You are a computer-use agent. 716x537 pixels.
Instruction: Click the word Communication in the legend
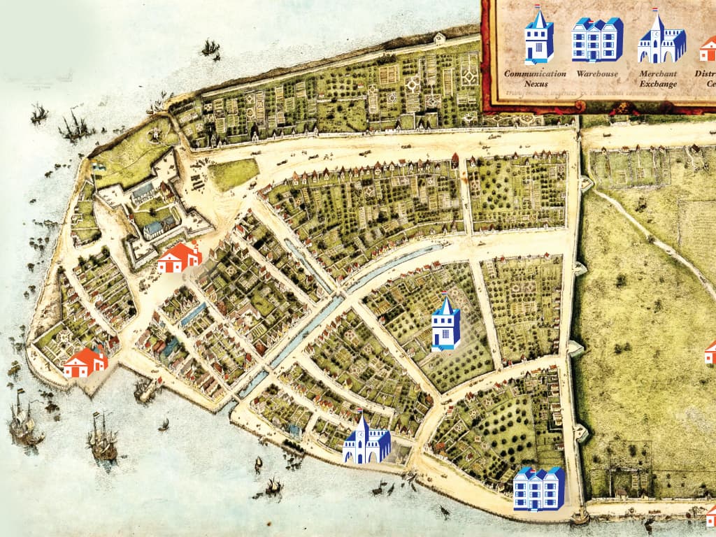535,73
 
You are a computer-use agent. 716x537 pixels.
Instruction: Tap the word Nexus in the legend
535,84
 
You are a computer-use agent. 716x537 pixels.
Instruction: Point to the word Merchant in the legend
659,73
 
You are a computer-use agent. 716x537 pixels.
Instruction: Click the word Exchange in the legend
659,84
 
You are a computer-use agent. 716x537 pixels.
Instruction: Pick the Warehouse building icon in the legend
597,40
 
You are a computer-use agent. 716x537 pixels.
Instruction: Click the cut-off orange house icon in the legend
708,50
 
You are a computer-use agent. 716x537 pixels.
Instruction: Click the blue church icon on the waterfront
366,441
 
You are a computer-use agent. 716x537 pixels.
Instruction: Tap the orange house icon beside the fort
179,258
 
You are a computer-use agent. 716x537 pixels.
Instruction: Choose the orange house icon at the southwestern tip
85,363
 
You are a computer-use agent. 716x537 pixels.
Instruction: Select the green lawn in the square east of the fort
233,173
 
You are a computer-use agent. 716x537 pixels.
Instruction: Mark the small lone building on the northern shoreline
439,38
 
